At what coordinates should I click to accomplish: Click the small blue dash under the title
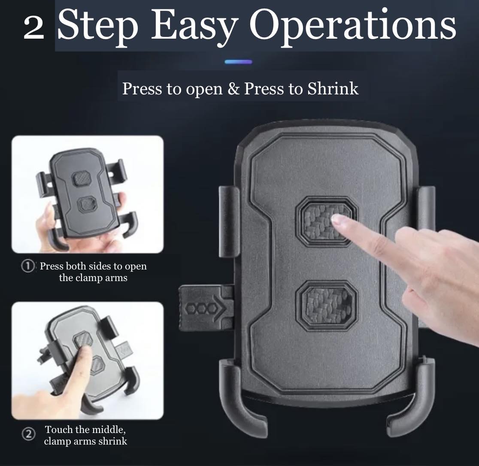click(x=238, y=62)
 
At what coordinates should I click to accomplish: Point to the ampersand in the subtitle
click(x=233, y=89)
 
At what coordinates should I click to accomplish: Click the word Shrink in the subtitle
click(x=333, y=88)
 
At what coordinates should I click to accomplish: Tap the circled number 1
click(x=27, y=266)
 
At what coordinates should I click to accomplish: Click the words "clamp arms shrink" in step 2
click(x=85, y=441)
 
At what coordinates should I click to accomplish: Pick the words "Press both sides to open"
click(x=93, y=266)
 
